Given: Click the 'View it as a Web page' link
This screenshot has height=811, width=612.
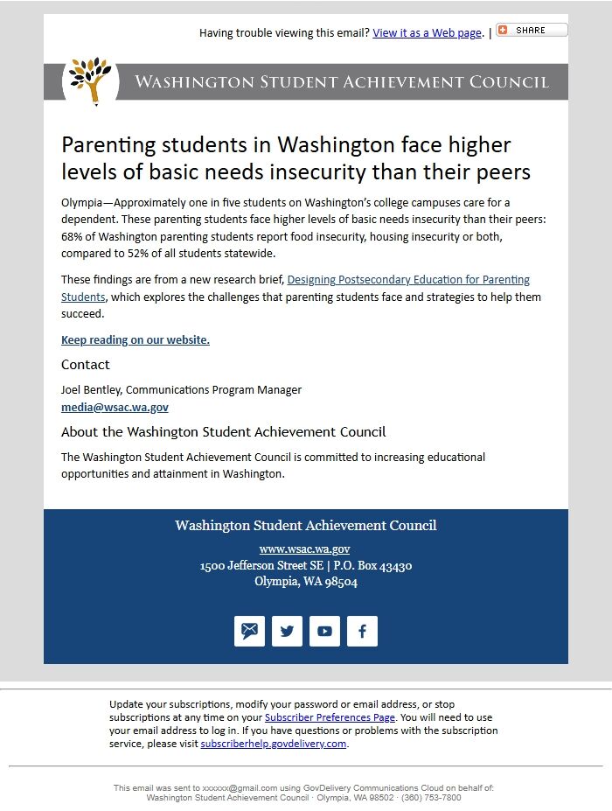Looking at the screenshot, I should click(427, 33).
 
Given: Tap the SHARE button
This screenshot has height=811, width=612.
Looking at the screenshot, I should click(532, 30).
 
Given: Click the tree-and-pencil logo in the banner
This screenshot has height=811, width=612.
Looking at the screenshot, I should click(91, 80).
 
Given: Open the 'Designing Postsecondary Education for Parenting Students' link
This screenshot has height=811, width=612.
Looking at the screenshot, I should click(408, 280).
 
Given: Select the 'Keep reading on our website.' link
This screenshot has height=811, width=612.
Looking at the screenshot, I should click(136, 340).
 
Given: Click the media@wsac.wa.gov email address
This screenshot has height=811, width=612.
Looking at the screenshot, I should click(115, 408).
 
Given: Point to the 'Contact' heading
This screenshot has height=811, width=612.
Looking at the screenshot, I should click(86, 365).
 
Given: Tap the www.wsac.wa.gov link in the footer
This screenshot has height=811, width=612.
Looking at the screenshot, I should click(305, 549).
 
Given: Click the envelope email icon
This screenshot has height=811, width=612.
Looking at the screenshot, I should click(250, 631).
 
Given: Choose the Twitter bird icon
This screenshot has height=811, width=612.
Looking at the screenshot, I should click(287, 631).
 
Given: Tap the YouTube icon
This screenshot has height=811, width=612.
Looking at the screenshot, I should click(324, 631).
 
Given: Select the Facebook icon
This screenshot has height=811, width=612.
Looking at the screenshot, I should click(362, 631).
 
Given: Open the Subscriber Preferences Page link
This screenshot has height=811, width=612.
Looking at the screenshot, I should click(330, 717).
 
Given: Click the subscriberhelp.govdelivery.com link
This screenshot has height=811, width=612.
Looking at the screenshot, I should click(274, 744).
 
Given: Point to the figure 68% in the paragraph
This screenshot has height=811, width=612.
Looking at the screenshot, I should click(72, 237).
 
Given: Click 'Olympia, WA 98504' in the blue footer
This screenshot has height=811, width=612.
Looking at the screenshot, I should click(306, 582).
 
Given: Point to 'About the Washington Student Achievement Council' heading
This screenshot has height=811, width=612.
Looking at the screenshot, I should click(223, 432).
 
